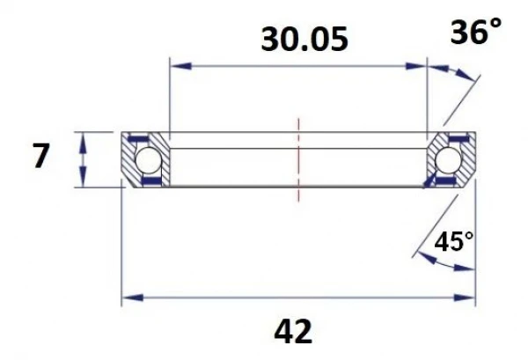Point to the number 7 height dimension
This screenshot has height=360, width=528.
pyautogui.click(x=40, y=158)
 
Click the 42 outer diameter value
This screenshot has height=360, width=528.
pyautogui.click(x=293, y=332)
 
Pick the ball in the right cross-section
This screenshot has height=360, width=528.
pyautogui.click(x=450, y=160)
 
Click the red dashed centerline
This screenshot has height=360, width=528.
pyautogui.click(x=299, y=158)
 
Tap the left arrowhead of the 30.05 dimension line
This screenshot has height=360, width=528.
pyautogui.click(x=174, y=65)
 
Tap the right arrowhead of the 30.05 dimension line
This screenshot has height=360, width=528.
pyautogui.click(x=422, y=65)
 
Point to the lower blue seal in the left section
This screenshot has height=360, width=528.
pyautogui.click(x=151, y=181)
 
